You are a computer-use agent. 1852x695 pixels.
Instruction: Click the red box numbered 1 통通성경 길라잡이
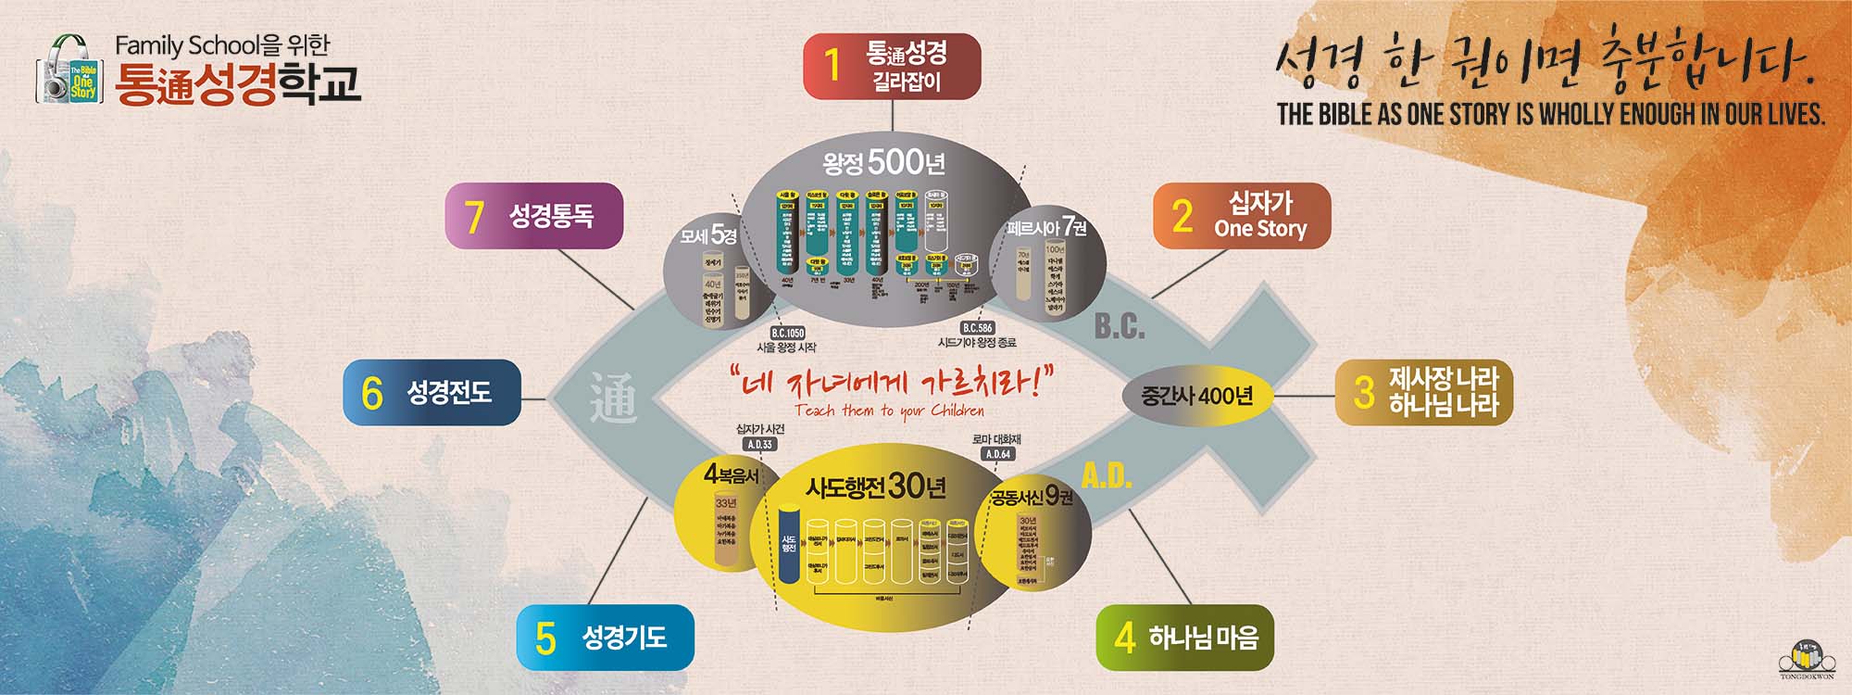click(x=891, y=67)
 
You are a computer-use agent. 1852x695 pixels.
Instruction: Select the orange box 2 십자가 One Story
click(x=1241, y=216)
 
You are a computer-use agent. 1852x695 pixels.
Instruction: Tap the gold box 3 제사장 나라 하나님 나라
click(x=1423, y=393)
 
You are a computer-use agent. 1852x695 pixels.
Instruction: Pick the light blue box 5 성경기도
click(x=605, y=638)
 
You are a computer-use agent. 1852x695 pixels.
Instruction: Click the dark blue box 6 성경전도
click(x=432, y=392)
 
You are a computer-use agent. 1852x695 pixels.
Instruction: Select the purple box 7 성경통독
click(x=533, y=216)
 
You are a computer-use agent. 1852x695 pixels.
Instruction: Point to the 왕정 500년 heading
click(x=883, y=163)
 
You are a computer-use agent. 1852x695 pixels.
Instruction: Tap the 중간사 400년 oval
click(x=1196, y=396)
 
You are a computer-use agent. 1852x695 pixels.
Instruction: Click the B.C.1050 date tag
click(x=787, y=333)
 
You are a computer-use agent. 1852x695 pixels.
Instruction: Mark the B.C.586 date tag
click(x=977, y=328)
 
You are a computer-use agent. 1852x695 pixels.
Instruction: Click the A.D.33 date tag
click(x=759, y=444)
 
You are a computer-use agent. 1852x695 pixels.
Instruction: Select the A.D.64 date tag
click(x=998, y=454)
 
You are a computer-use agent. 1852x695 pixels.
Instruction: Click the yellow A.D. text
click(x=1107, y=475)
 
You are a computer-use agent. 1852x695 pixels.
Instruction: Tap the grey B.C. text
click(x=1120, y=326)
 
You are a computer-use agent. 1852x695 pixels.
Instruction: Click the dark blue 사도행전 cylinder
click(x=788, y=545)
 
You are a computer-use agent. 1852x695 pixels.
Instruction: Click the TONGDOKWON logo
click(x=1806, y=661)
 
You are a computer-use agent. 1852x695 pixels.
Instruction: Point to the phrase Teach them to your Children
click(x=889, y=411)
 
